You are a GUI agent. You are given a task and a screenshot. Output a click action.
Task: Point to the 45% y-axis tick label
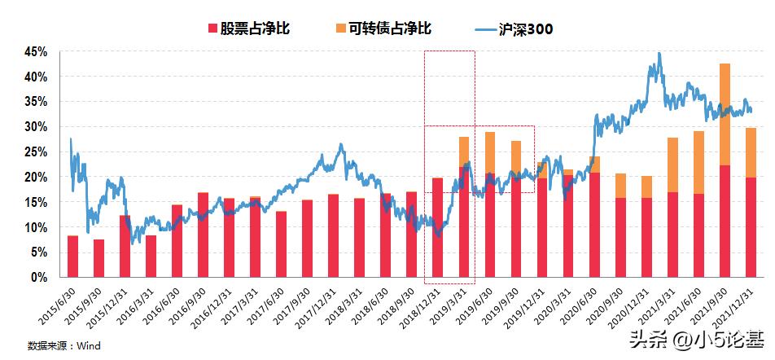click(37, 51)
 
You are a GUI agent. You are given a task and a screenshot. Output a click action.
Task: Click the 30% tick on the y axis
click(37, 126)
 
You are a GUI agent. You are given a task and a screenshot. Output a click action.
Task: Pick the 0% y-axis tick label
click(40, 277)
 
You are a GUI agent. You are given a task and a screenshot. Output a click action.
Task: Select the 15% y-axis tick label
click(37, 202)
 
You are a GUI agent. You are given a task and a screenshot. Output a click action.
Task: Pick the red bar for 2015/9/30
click(99, 257)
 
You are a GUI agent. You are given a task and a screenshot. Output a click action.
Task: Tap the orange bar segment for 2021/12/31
click(751, 152)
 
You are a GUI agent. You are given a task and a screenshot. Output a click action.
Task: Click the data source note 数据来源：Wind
click(63, 346)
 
